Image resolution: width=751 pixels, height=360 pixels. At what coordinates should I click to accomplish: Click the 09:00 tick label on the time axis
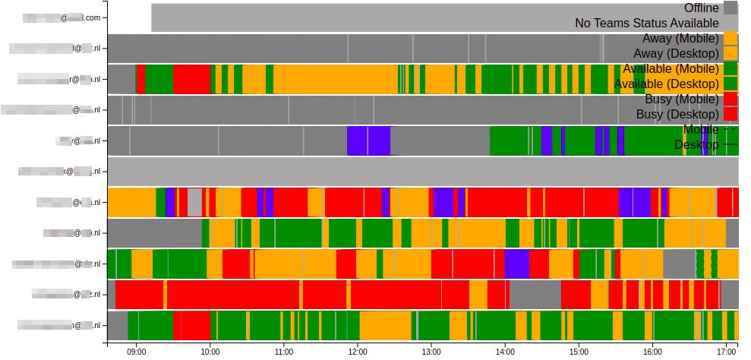[137, 352]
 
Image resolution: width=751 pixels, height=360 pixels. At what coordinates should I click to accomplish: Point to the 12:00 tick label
[358, 352]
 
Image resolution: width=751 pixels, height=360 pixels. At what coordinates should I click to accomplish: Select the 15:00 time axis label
[579, 352]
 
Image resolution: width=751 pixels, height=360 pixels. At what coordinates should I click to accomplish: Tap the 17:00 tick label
[726, 352]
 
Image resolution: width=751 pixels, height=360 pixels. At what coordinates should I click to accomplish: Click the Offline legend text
[701, 8]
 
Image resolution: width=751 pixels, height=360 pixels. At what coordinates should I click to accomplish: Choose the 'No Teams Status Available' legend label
[646, 23]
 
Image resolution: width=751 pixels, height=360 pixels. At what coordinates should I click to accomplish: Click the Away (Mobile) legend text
[680, 38]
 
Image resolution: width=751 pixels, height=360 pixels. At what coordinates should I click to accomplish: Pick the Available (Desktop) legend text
[666, 84]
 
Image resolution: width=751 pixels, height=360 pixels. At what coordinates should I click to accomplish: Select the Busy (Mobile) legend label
[681, 99]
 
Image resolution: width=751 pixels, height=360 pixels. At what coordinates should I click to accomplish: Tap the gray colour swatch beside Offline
[730, 8]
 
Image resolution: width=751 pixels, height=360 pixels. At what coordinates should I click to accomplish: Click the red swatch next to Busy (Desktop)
[730, 114]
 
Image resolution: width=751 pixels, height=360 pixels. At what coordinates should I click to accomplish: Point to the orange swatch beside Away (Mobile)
[730, 38]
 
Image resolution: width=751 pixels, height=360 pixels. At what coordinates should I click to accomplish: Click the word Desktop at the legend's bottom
[696, 144]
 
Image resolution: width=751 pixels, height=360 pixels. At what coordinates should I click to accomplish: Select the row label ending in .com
[62, 17]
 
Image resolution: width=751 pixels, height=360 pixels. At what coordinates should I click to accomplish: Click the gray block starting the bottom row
[117, 325]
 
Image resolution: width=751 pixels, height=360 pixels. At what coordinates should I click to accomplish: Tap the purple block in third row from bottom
[516, 264]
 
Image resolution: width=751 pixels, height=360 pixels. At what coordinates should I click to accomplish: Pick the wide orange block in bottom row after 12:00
[386, 325]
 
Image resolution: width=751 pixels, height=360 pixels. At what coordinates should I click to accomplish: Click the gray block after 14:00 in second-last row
[535, 294]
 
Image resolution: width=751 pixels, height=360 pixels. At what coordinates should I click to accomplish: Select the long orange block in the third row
[336, 79]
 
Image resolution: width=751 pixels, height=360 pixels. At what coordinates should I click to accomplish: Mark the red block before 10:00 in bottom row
[192, 325]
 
